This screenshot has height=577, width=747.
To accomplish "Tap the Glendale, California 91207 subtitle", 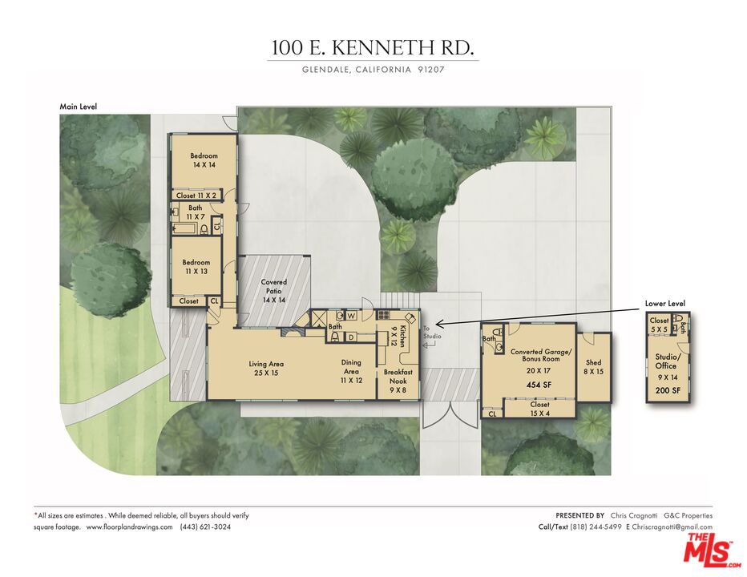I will (x=373, y=70).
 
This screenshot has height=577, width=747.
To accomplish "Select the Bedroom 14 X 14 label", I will (x=204, y=159).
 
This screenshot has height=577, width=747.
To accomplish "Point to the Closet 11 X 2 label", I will (x=196, y=196).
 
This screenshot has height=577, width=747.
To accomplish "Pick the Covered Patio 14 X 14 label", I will (x=274, y=291).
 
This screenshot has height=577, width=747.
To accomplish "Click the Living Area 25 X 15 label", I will (x=266, y=369).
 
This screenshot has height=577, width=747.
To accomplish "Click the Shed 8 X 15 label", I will (x=594, y=367).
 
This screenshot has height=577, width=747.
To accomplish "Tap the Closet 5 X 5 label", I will (x=659, y=325).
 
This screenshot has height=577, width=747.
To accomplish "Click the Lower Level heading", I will (x=665, y=304).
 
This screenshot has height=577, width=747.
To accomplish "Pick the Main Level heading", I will (x=79, y=106).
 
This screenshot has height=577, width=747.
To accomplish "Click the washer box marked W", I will (x=352, y=316).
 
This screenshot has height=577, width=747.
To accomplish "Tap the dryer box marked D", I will (x=350, y=337).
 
